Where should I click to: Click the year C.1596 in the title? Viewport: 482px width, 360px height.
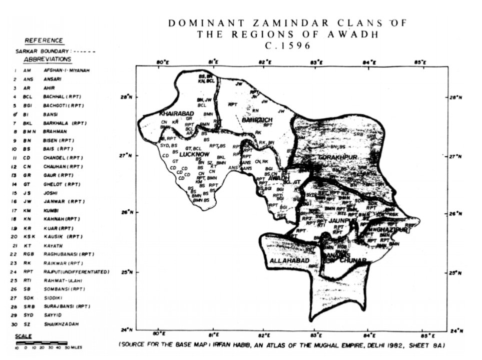pos(287,45)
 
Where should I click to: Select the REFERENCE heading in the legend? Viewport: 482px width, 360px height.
pos(44,41)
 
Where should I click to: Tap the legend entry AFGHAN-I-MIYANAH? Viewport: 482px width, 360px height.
pos(63,71)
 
